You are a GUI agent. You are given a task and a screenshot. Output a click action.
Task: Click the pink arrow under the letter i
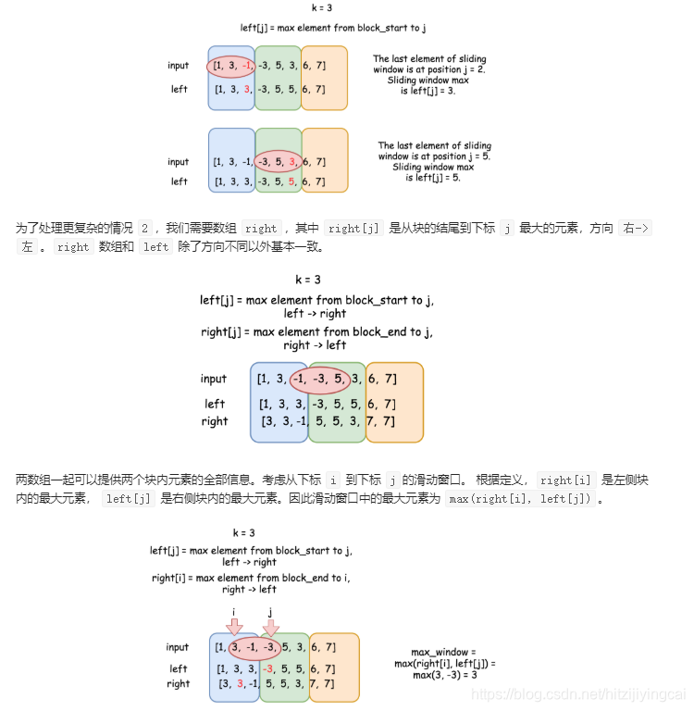coord(234,627)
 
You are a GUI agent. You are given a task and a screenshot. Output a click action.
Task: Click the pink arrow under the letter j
coord(270,627)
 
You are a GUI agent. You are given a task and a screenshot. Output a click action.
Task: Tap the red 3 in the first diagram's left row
coord(247,90)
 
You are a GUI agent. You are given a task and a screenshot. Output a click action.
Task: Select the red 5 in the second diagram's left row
coord(291,181)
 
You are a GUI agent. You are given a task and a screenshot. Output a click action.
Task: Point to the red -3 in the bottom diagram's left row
coord(267,668)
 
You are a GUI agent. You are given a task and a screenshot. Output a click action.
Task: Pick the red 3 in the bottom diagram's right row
coord(240,684)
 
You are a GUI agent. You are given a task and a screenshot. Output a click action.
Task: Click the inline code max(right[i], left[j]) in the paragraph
coord(521,499)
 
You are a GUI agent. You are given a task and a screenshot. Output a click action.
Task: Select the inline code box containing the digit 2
coord(144,229)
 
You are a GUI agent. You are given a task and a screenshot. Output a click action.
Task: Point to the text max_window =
coord(444,652)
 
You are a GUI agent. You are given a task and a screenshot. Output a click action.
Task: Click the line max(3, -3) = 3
coord(444,675)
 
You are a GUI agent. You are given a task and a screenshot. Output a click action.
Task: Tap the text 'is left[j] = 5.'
coord(434,178)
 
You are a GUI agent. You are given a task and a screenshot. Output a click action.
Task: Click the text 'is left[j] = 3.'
coord(428,91)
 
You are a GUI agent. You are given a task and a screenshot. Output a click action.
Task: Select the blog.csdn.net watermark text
coord(578,693)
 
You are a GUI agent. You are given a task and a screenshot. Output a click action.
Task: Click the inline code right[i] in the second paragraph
coord(565,480)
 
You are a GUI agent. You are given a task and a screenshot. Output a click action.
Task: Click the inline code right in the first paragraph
coord(261,229)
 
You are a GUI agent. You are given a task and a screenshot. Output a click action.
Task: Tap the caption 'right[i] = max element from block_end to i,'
coord(250,578)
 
